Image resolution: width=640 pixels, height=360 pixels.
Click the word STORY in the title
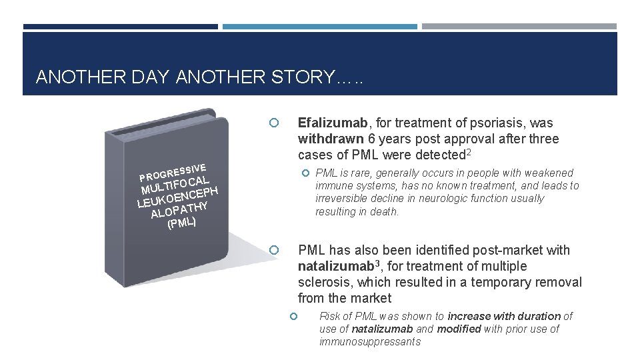pyautogui.click(x=300, y=77)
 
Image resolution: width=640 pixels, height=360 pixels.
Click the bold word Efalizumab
pyautogui.click(x=332, y=123)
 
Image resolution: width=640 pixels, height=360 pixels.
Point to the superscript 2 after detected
pyautogui.click(x=469, y=153)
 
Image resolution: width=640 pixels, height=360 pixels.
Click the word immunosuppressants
pyautogui.click(x=370, y=341)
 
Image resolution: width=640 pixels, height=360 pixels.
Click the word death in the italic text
pyautogui.click(x=385, y=211)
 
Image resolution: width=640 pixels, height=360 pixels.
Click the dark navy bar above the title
pyautogui.click(x=120, y=27)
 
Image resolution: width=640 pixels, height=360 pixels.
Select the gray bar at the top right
pyautogui.click(x=519, y=27)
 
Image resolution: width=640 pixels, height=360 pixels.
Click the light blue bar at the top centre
pyautogui.click(x=319, y=27)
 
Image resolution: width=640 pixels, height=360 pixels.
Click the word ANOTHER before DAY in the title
pyautogui.click(x=71, y=77)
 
